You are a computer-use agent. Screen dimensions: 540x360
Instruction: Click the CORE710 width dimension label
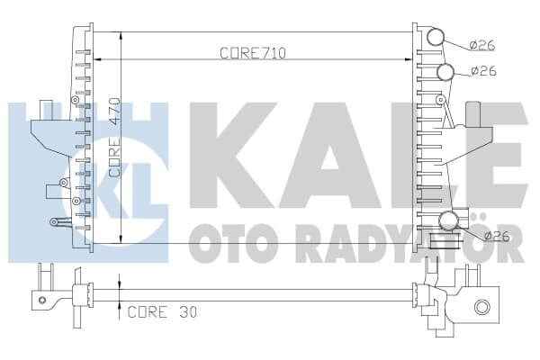click(253, 53)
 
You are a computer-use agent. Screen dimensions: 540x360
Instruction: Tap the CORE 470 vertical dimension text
click(114, 138)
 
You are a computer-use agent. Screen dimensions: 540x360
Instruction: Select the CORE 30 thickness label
click(162, 312)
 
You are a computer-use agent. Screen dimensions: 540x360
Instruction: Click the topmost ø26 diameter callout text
click(482, 45)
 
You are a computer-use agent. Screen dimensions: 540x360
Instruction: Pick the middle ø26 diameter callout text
click(484, 70)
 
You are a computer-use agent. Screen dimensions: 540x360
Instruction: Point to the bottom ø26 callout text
click(497, 236)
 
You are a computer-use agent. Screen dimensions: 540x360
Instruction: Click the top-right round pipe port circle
click(436, 37)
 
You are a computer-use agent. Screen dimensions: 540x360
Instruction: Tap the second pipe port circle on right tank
click(445, 72)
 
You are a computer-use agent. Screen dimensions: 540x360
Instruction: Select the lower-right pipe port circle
click(449, 220)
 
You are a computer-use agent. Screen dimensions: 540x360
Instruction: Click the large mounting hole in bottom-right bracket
click(481, 307)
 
